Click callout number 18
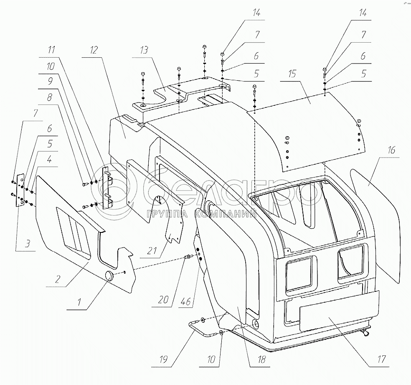(x=250, y=360)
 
